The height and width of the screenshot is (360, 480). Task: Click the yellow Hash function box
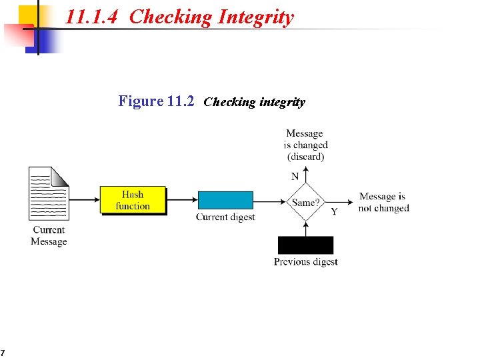[133, 200]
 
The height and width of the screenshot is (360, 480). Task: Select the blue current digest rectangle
[225, 200]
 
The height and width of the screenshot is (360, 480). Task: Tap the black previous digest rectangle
[305, 245]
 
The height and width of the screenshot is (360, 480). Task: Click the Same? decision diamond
[305, 201]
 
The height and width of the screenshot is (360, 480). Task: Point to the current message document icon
[49, 193]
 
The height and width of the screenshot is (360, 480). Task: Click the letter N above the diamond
[295, 177]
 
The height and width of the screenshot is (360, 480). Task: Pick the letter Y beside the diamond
[334, 212]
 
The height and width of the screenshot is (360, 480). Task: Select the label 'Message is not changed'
[383, 202]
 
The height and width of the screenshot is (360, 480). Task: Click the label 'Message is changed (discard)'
[305, 145]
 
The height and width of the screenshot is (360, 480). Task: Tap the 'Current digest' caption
[225, 217]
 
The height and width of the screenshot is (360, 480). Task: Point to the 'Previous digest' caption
[305, 262]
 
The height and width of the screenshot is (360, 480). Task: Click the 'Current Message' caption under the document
[49, 235]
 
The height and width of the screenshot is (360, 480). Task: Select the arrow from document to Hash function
[84, 200]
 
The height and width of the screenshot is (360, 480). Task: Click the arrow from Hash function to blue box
[182, 200]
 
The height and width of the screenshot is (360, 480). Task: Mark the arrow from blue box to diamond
[270, 200]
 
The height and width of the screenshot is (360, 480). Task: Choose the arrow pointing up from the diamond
[305, 175]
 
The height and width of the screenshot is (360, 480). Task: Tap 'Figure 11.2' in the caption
[156, 101]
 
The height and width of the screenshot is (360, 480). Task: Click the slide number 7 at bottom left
[3, 353]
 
